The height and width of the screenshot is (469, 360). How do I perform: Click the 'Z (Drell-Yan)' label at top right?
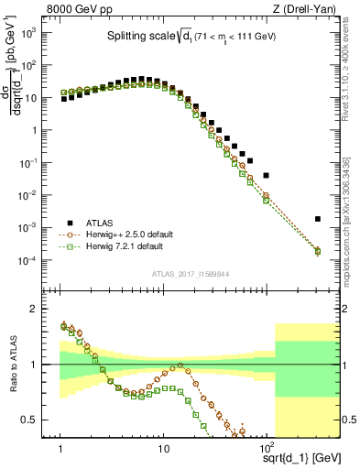point(307,9)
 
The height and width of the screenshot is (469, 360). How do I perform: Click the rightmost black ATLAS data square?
point(317,219)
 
